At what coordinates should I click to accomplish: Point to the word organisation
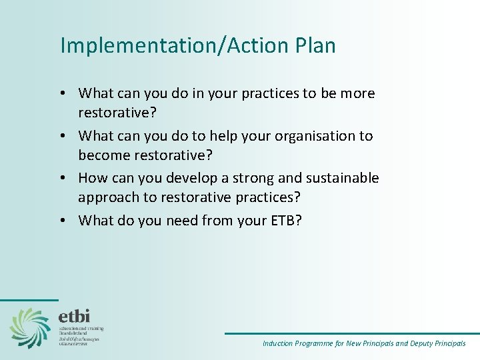tap(319, 136)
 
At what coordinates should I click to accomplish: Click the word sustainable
tap(342, 178)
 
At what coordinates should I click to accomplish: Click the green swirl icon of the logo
tap(30, 327)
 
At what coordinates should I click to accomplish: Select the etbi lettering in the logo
tap(73, 316)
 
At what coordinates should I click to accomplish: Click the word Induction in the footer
tap(277, 344)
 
